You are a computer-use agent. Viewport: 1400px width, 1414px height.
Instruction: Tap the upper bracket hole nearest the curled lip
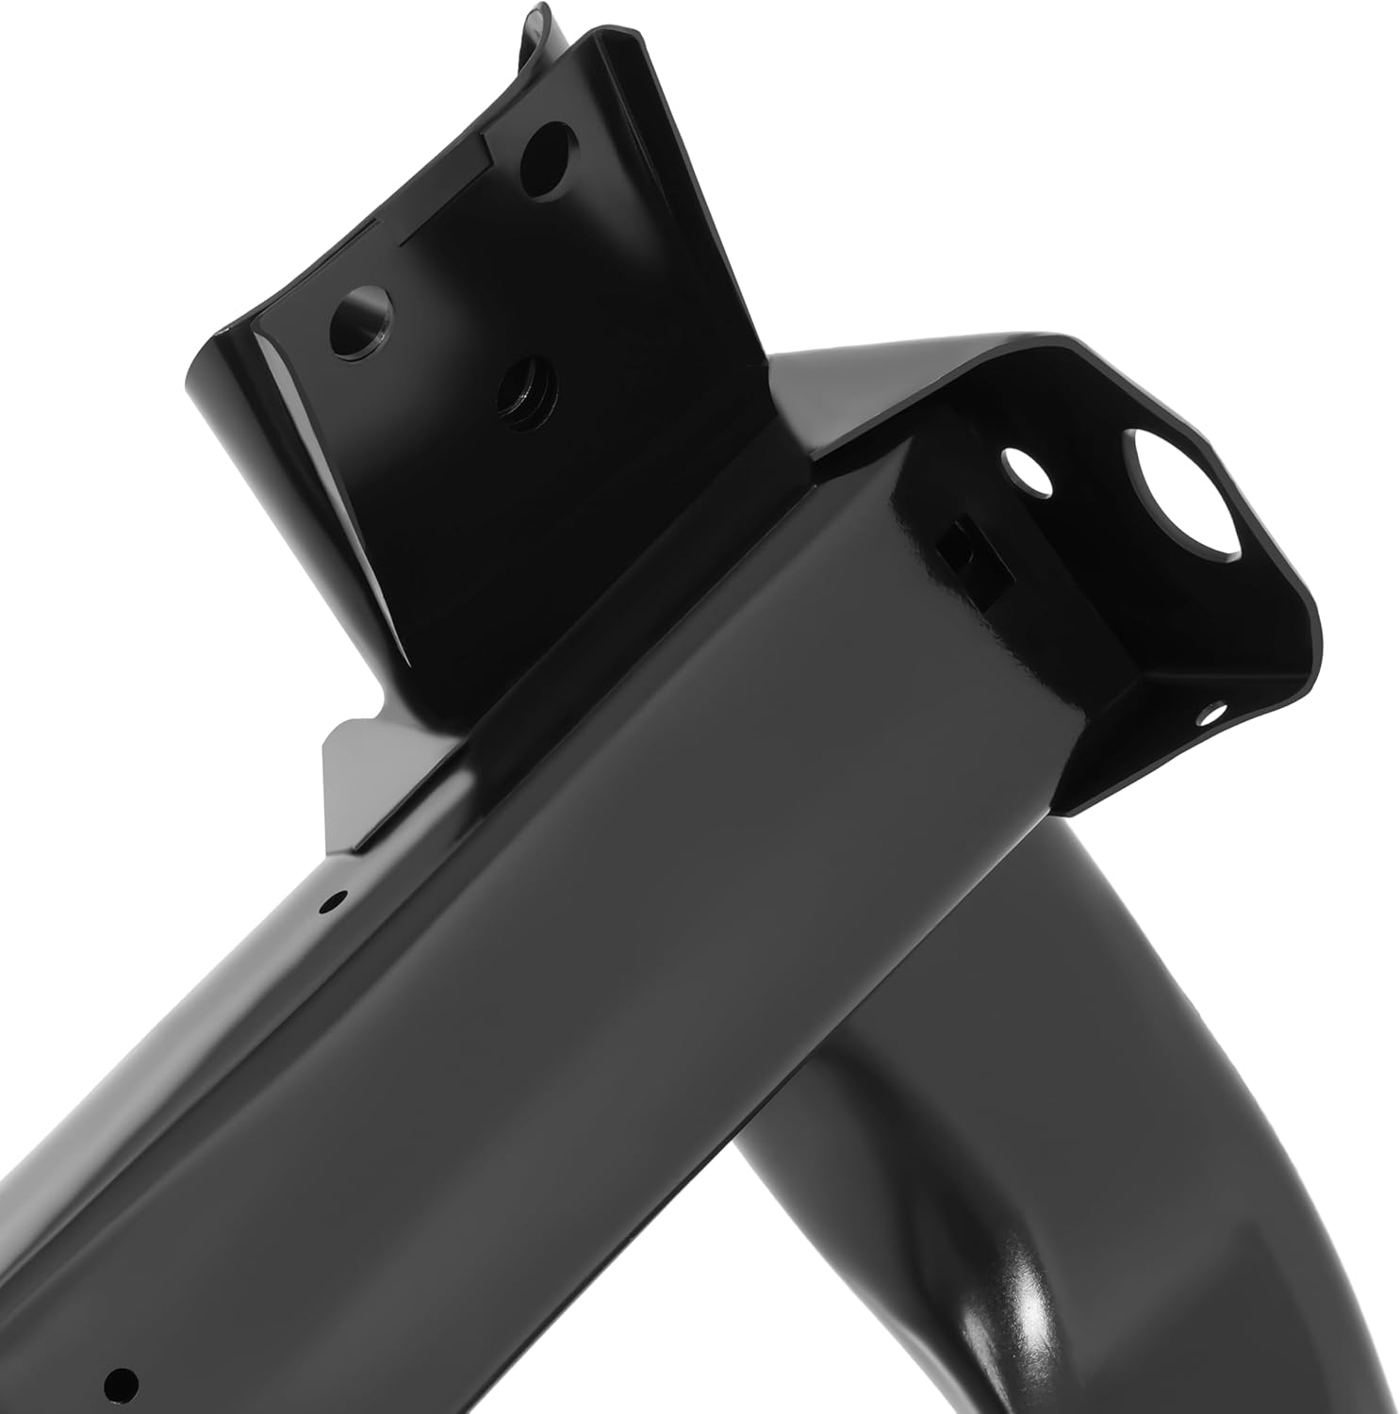(546, 156)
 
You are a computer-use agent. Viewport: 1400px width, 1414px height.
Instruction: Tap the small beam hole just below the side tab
(329, 902)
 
